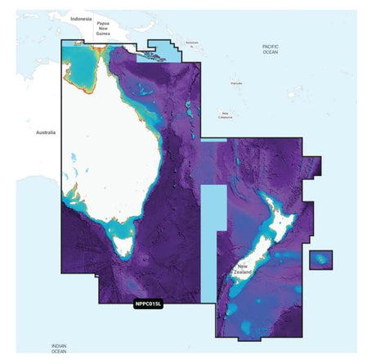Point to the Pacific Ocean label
click(271, 51)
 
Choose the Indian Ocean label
click(58, 349)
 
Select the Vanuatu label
click(236, 83)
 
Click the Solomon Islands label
click(193, 43)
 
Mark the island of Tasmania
click(124, 243)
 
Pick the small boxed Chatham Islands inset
click(320, 260)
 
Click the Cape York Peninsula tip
click(101, 48)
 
